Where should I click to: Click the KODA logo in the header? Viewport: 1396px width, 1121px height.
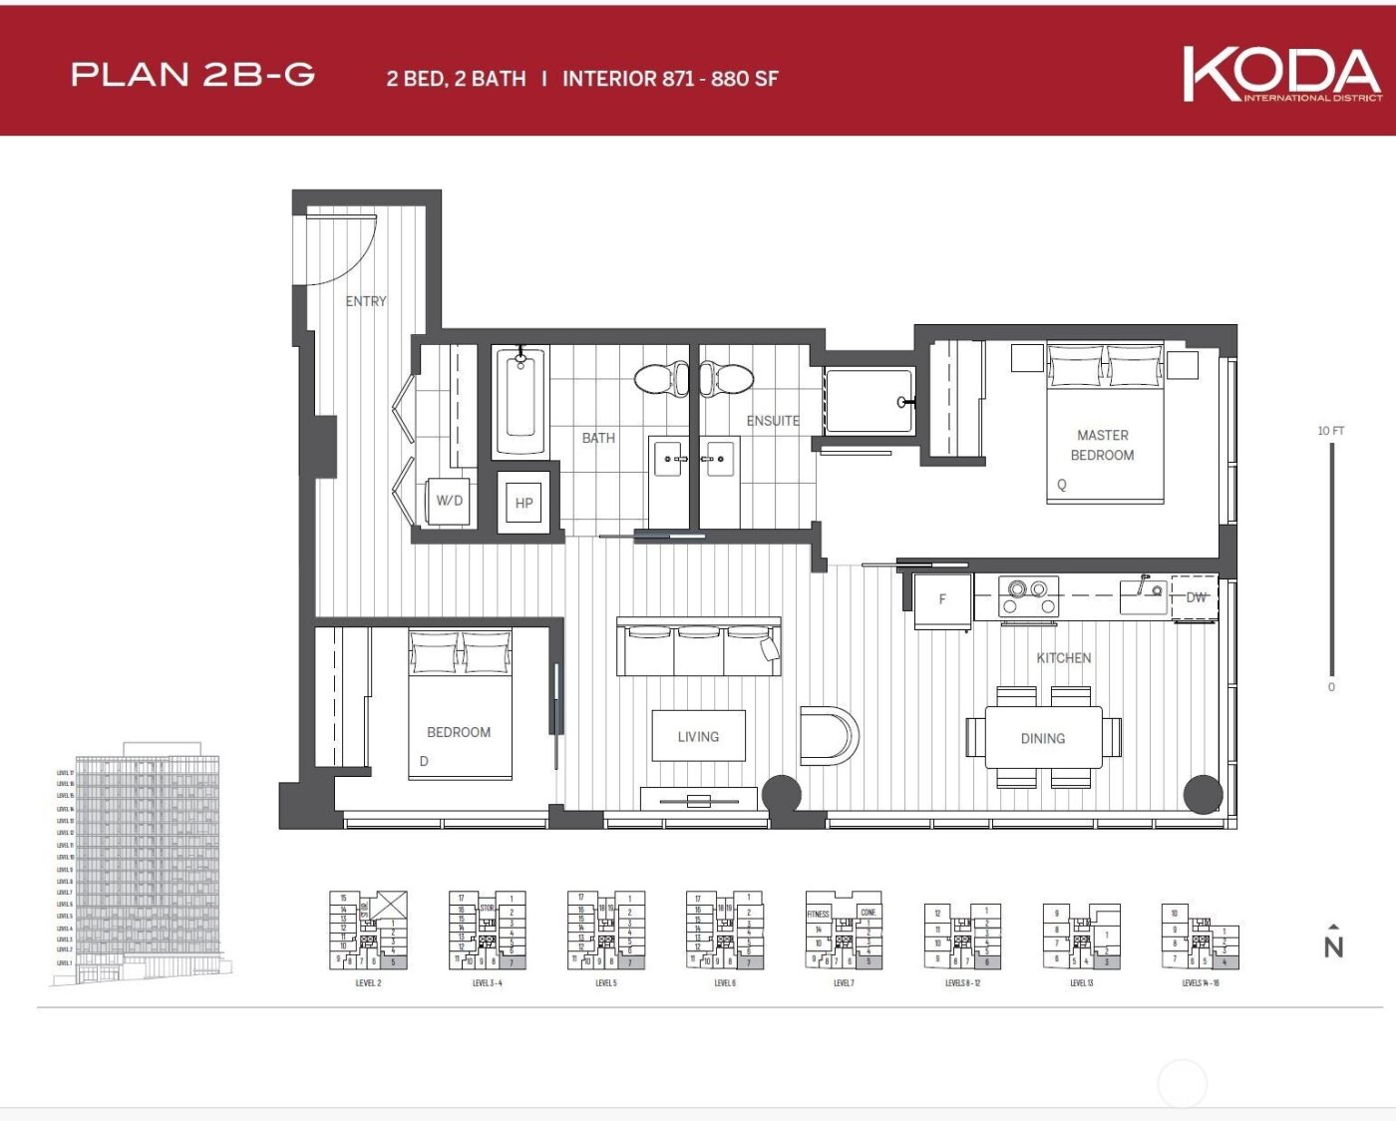(1281, 74)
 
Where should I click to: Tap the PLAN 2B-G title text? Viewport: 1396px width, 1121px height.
(193, 75)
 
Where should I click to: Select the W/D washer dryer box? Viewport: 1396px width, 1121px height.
(450, 501)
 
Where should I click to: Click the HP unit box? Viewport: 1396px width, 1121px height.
(523, 503)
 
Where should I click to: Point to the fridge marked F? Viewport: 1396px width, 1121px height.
(942, 600)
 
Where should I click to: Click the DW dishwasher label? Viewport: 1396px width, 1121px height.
(1196, 597)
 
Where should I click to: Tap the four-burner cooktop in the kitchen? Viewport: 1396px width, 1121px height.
(1029, 596)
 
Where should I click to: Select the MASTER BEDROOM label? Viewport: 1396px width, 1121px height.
(1102, 445)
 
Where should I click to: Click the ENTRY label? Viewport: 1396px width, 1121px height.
(366, 301)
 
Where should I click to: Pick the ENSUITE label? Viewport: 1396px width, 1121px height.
(773, 421)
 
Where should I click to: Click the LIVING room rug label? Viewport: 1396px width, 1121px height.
(698, 737)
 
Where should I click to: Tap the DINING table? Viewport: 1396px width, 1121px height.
(1043, 738)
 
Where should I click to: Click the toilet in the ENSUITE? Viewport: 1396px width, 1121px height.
(727, 379)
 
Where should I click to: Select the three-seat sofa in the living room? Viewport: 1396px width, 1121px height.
(698, 649)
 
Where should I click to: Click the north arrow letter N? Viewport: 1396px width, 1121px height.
(1333, 946)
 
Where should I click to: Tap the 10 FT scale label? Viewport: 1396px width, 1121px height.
(1330, 431)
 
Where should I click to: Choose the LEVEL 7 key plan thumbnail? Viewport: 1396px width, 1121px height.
(844, 933)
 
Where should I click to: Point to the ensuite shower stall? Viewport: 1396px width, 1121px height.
(869, 401)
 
